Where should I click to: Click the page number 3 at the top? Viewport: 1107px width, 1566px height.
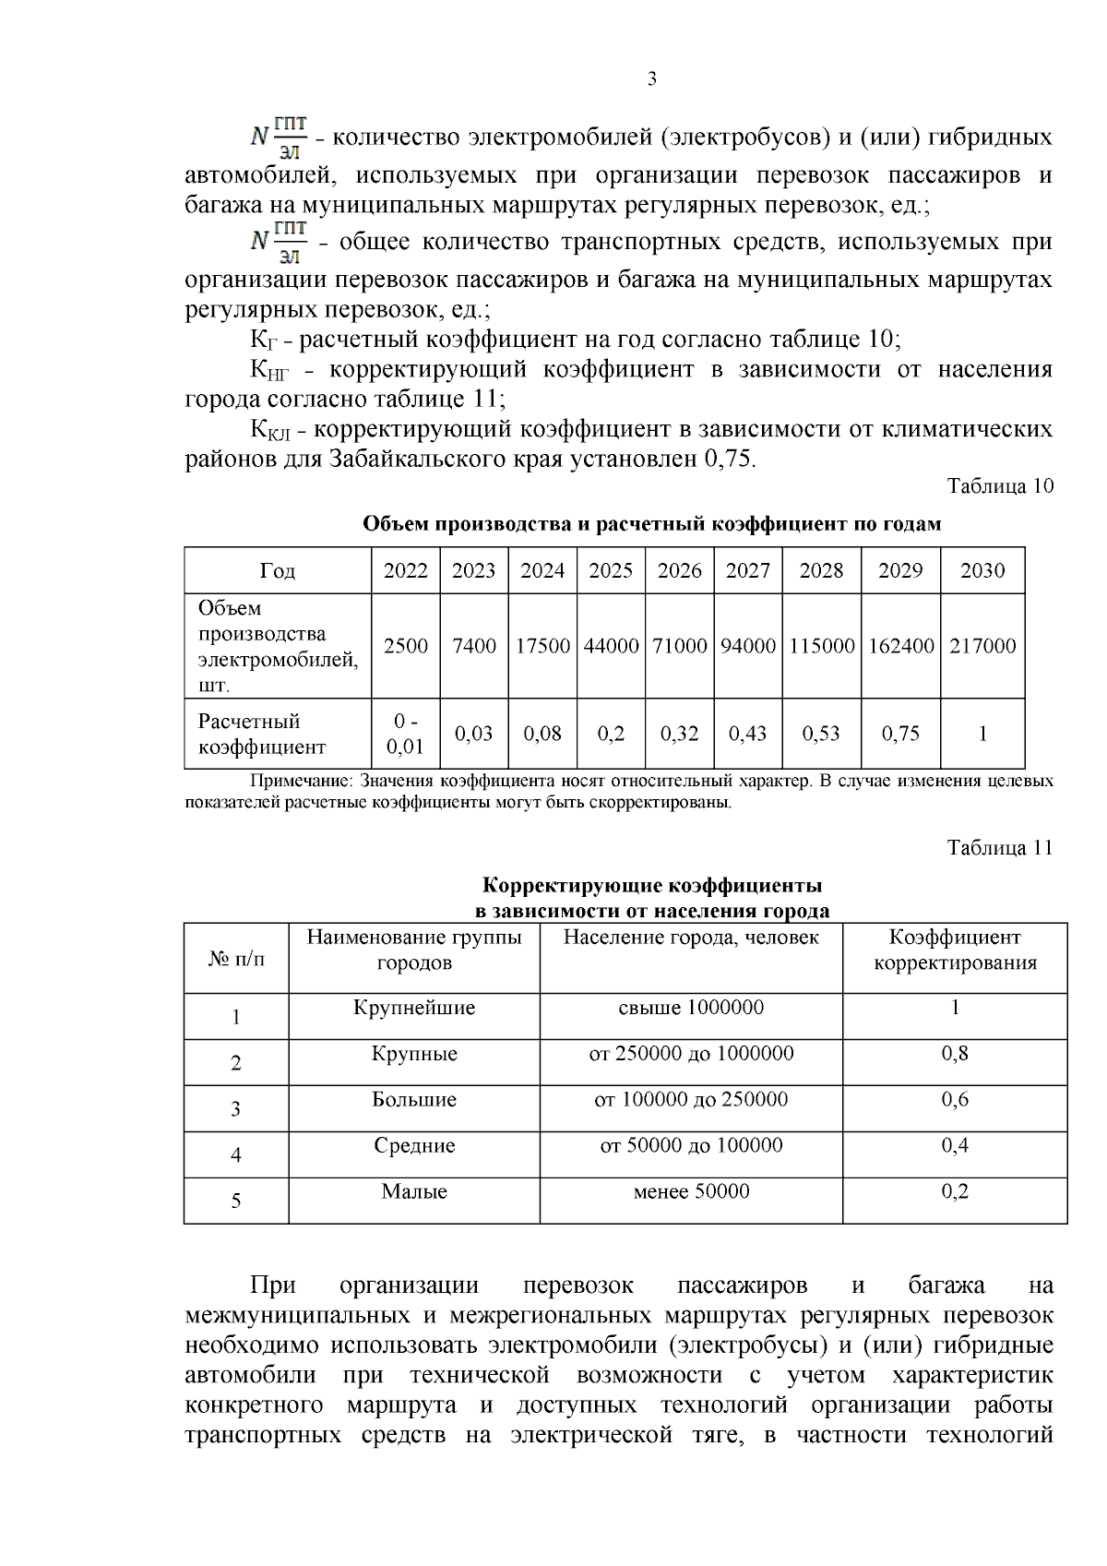click(x=652, y=79)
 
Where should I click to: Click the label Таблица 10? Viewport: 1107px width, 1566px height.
click(x=1000, y=486)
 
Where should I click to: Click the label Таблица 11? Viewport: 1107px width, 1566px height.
click(x=1000, y=848)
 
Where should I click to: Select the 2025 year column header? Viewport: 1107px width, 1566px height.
click(x=611, y=570)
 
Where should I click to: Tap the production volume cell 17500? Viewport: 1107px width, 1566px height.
click(x=542, y=646)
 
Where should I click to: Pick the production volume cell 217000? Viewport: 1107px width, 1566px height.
click(x=982, y=646)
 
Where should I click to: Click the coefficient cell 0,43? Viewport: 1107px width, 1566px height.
click(x=748, y=734)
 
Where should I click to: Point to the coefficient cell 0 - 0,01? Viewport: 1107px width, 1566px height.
click(x=406, y=734)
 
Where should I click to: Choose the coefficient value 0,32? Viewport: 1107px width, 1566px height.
click(x=680, y=734)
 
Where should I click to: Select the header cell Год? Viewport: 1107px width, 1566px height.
click(x=278, y=571)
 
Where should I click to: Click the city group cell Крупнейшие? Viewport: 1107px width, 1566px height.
click(x=414, y=1008)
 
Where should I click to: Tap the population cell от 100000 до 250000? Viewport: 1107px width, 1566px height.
click(x=691, y=1099)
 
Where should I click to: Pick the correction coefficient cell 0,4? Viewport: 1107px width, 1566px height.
click(x=955, y=1145)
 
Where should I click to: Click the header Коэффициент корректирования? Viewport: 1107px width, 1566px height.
click(x=955, y=950)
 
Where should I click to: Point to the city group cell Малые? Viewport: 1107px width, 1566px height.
click(x=414, y=1191)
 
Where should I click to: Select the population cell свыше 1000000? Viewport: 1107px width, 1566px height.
click(x=691, y=1008)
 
